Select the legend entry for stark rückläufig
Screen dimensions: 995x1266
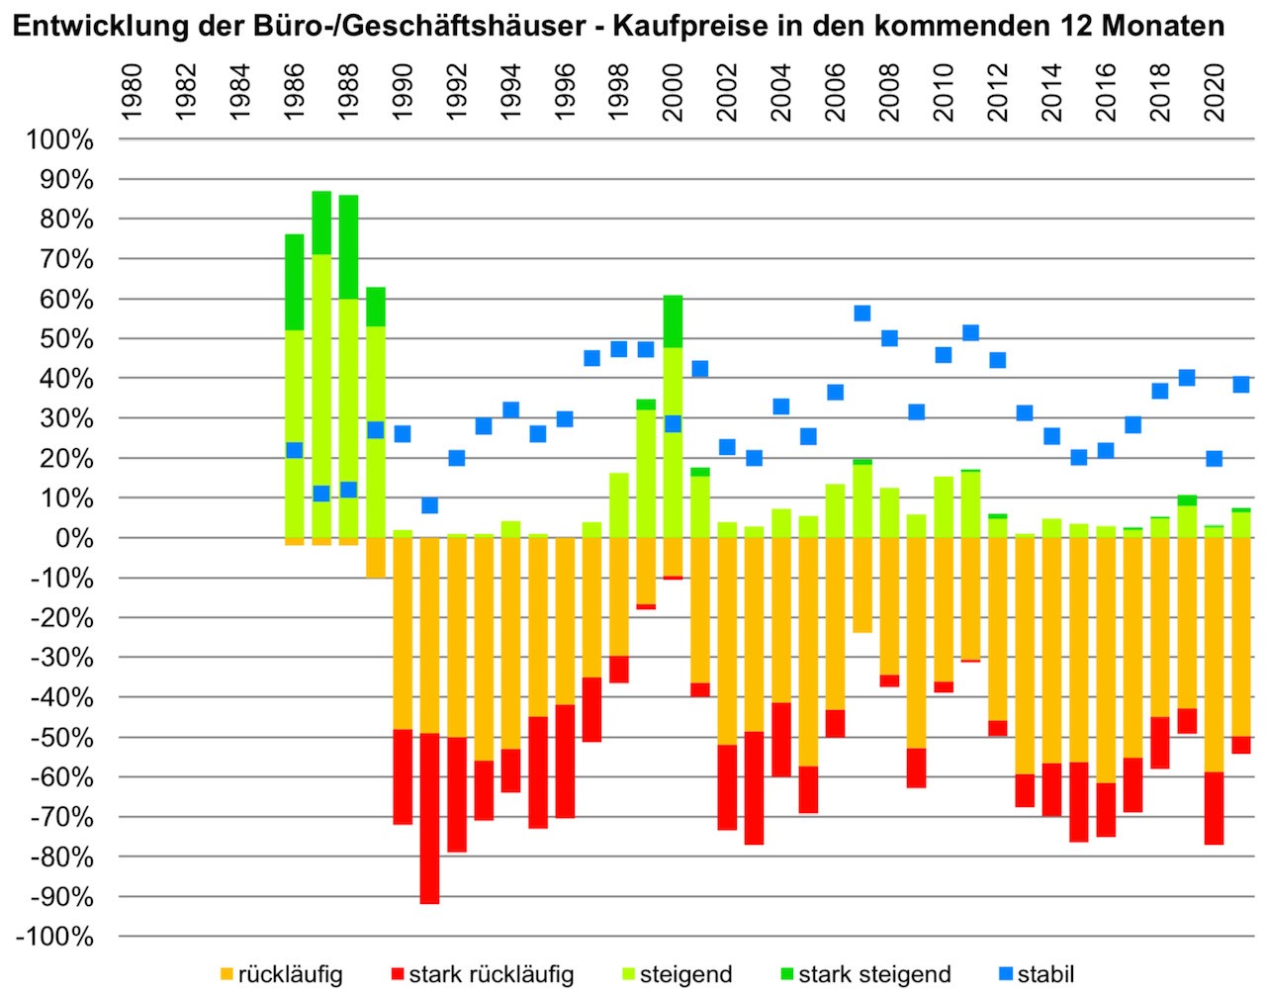[x=491, y=974]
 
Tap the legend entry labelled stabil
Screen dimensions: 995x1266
[x=1045, y=974]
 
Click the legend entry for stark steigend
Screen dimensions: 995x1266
[x=874, y=974]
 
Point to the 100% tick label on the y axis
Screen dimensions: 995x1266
[x=59, y=139]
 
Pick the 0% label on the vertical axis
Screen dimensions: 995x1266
[x=74, y=538]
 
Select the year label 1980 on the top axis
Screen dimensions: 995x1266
[x=132, y=92]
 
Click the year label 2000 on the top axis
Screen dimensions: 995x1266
[x=673, y=92]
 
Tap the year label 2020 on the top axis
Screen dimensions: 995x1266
[x=1214, y=92]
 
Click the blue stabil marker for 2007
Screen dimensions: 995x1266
[x=861, y=313]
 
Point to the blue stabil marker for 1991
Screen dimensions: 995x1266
[x=429, y=505]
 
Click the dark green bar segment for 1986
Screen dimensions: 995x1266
[x=294, y=282]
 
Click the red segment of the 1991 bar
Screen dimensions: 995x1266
[x=429, y=821]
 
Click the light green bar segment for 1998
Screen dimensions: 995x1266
[x=618, y=505]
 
